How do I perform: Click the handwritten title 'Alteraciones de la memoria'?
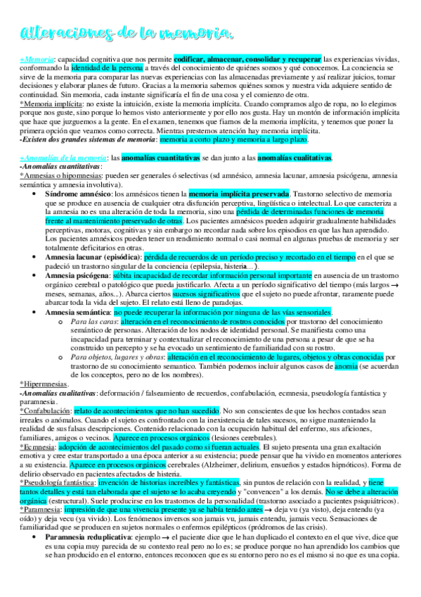(127, 33)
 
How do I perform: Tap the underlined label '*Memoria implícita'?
(47, 103)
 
